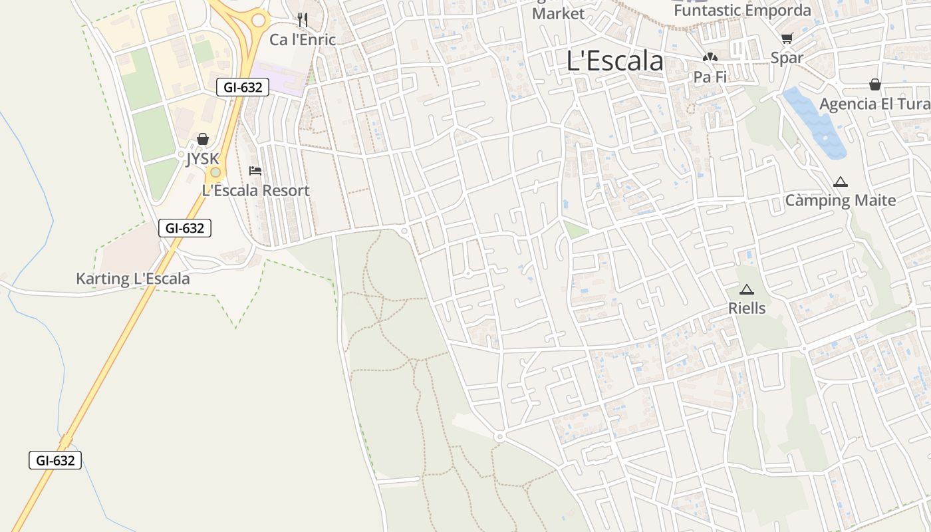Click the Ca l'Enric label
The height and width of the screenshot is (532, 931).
303,40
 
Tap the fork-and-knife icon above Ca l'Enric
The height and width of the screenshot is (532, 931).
303,20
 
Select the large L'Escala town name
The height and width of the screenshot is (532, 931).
614,61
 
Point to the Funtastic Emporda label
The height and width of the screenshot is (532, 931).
742,11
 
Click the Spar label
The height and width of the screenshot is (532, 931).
787,58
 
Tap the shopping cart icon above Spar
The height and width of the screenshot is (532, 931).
787,38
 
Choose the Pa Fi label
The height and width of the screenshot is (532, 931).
710,77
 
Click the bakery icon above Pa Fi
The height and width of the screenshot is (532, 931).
710,58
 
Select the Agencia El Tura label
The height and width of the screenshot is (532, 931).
874,104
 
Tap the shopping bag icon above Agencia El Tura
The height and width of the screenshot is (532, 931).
875,84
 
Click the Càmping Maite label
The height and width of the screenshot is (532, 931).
841,200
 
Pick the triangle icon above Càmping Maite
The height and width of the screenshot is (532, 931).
841,182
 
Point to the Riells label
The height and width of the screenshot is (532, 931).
747,309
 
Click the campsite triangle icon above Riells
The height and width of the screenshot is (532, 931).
747,289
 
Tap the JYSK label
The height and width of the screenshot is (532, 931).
202,159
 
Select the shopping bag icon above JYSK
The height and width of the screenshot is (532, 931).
203,139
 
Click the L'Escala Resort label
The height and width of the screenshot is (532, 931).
255,191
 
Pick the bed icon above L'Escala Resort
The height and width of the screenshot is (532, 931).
255,171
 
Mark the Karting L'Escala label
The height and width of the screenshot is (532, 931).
132,279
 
